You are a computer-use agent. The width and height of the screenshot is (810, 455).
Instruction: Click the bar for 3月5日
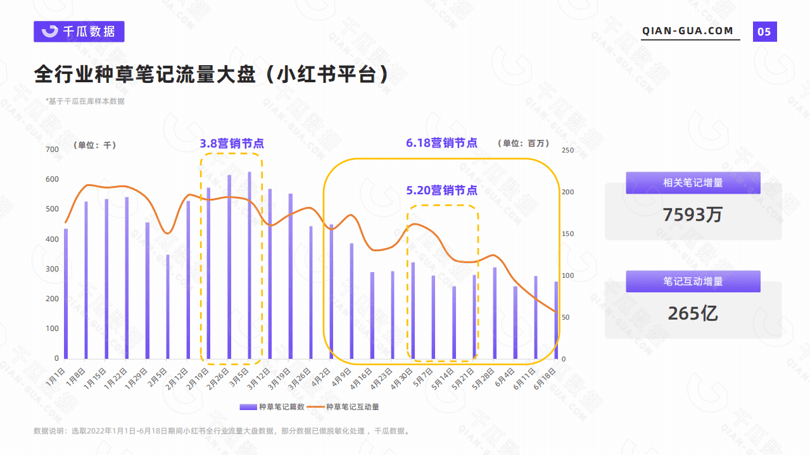(x=250, y=265)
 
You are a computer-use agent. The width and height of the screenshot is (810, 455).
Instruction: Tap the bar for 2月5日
(x=168, y=307)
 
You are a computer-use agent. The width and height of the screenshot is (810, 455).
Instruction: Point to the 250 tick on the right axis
(x=567, y=150)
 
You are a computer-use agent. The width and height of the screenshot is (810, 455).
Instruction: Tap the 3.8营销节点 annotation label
(x=232, y=144)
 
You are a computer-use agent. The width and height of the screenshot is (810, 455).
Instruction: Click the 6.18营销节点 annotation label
(x=441, y=143)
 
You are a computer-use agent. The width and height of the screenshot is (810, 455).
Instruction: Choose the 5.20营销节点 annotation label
(x=441, y=190)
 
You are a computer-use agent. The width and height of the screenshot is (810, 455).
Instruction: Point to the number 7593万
(x=693, y=215)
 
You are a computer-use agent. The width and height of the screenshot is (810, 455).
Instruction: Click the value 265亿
(x=693, y=313)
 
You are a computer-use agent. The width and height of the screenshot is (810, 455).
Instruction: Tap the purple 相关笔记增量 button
(x=693, y=183)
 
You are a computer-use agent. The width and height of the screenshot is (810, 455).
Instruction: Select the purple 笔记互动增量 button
(x=693, y=282)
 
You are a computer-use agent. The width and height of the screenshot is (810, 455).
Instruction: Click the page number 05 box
(x=764, y=32)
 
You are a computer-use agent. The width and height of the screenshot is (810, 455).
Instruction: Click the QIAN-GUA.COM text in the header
(x=687, y=31)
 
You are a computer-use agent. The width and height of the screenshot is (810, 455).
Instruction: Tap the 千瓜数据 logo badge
(x=79, y=32)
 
